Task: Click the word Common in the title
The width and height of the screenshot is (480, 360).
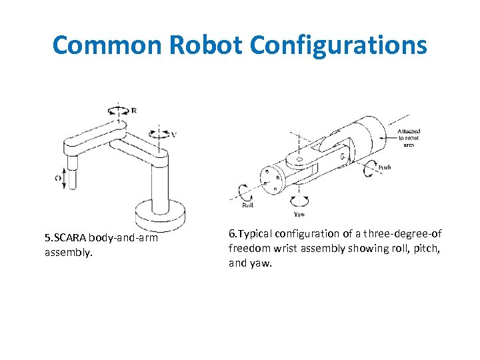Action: pos(107,45)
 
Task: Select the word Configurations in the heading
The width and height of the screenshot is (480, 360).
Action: pos(339,45)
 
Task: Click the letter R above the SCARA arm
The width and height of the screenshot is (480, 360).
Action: pos(134,111)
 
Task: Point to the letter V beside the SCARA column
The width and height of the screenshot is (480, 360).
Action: pos(174,134)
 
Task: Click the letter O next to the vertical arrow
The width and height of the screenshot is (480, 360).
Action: pos(57,178)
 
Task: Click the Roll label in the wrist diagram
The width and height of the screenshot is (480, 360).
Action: pos(248,206)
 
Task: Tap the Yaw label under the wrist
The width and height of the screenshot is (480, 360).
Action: pos(300,215)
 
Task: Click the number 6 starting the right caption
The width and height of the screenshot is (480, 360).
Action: pos(231,234)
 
